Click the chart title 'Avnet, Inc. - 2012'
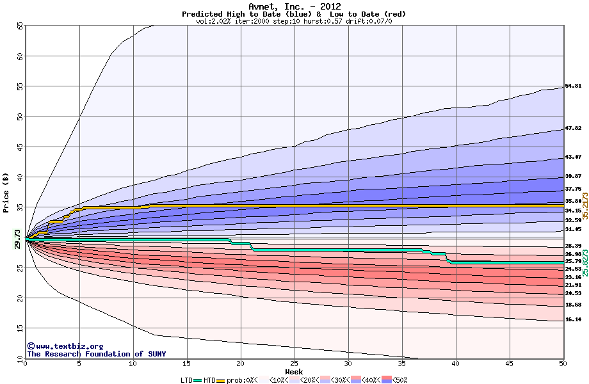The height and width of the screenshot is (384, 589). point(294,6)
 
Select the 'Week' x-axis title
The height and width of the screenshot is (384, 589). point(294,371)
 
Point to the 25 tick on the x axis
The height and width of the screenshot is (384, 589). point(294,364)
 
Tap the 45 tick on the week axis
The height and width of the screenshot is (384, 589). point(510,364)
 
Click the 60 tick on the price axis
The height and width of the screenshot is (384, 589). point(20,56)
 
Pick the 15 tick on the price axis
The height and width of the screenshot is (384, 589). point(20,329)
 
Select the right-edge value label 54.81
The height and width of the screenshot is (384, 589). point(573,86)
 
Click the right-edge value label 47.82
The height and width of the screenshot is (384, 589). point(573,128)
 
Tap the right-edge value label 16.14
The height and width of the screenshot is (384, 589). point(573,319)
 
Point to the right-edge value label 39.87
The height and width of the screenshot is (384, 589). point(573,176)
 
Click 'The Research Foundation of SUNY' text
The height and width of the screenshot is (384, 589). point(96,354)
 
